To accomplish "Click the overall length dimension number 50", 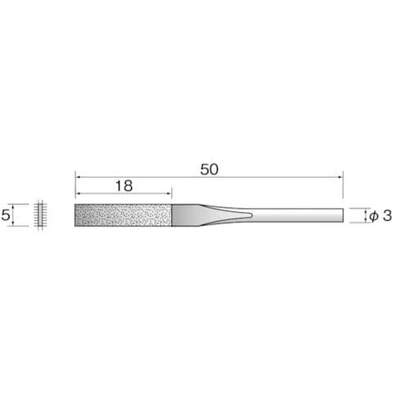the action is (x=210, y=169).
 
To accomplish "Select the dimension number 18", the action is (x=124, y=186).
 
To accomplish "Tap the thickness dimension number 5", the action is (x=6, y=215).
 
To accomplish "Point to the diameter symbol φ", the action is (x=374, y=215).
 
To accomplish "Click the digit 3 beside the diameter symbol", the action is (x=387, y=215).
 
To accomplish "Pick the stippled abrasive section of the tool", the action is (x=123, y=215).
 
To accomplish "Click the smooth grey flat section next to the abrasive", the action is (x=187, y=215).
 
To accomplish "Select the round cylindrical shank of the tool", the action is (x=297, y=215).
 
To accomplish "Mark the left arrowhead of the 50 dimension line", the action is (x=77, y=177).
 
